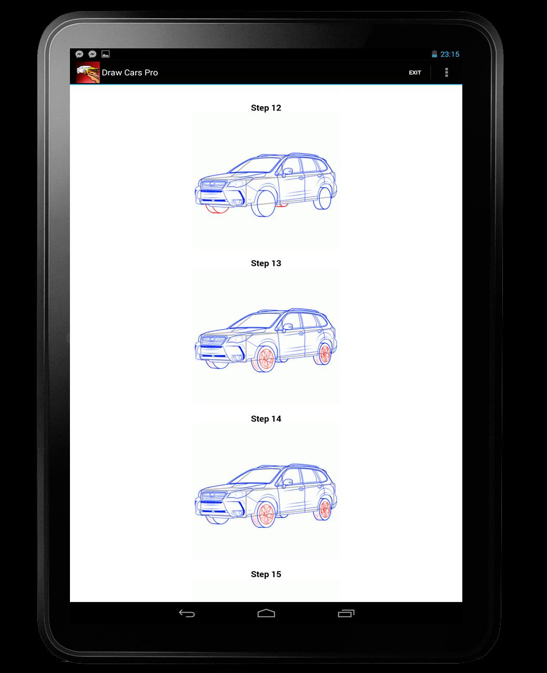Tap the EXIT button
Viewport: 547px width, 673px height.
(x=415, y=73)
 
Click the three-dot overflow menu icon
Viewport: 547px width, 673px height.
(x=447, y=73)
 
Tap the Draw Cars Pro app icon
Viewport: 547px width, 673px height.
(x=88, y=73)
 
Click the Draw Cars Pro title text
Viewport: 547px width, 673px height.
(x=130, y=73)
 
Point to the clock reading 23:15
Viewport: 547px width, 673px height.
(x=450, y=54)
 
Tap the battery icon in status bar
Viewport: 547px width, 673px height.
(x=434, y=54)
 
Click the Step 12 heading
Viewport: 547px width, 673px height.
(x=266, y=108)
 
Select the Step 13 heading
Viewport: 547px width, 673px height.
(x=266, y=263)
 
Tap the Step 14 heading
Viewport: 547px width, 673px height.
(x=266, y=419)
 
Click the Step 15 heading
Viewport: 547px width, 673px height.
(x=266, y=574)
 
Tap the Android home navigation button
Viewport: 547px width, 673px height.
(x=266, y=613)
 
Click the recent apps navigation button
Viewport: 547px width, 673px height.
(x=346, y=613)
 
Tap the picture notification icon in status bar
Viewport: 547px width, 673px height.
(x=106, y=54)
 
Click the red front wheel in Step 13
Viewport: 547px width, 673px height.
(x=265, y=359)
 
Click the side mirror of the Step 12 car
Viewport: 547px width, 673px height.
(x=288, y=171)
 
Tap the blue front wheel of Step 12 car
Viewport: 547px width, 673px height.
(x=262, y=205)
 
